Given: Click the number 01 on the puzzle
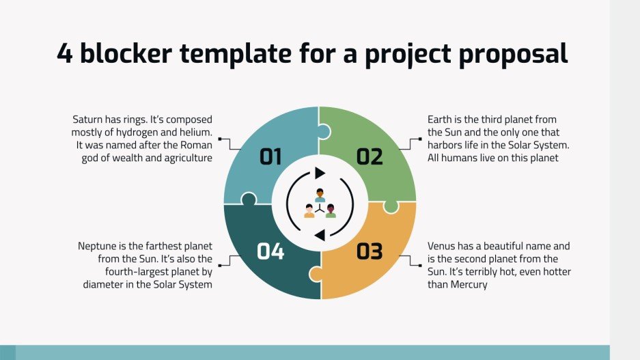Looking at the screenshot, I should pos(270,157).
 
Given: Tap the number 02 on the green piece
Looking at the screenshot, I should pos(370,157).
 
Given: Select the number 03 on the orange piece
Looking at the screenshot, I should pos(370,251).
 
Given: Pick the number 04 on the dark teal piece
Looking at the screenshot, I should pos(270,251).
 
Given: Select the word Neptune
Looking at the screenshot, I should pos(99,246).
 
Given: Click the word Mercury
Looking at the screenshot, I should pos(469,285).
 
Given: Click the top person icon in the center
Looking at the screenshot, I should pos(320,195).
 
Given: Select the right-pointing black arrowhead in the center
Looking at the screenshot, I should pos(320,173).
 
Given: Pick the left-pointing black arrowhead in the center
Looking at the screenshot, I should pos(319,236).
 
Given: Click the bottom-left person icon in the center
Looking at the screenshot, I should pos(309,211).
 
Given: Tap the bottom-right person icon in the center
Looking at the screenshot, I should pos(331,211).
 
